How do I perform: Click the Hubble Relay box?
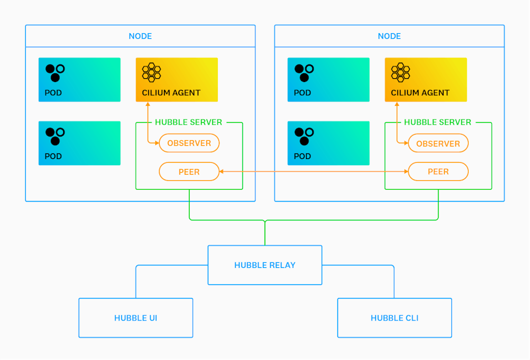pos(265,265)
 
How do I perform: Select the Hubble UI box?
pos(136,317)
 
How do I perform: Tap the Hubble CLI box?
pos(394,317)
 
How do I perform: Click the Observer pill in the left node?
pos(189,143)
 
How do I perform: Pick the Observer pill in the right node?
pos(438,143)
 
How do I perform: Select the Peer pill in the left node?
pos(189,172)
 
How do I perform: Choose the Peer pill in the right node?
pos(438,172)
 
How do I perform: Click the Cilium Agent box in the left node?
pos(176,80)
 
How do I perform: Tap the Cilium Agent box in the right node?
pos(426,80)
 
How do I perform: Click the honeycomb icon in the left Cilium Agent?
pos(151,72)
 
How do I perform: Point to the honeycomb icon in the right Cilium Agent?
pos(400,72)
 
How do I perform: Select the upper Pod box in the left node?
pos(79,80)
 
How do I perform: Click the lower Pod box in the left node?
pos(79,143)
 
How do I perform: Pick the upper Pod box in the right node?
pos(329,80)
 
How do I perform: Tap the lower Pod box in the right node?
pos(329,143)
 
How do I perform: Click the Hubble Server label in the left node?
pos(188,122)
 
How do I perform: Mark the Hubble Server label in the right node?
pos(437,122)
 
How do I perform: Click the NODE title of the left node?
pos(140,36)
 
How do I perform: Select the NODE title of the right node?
pos(389,36)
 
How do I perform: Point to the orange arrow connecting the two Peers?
pos(313,172)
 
